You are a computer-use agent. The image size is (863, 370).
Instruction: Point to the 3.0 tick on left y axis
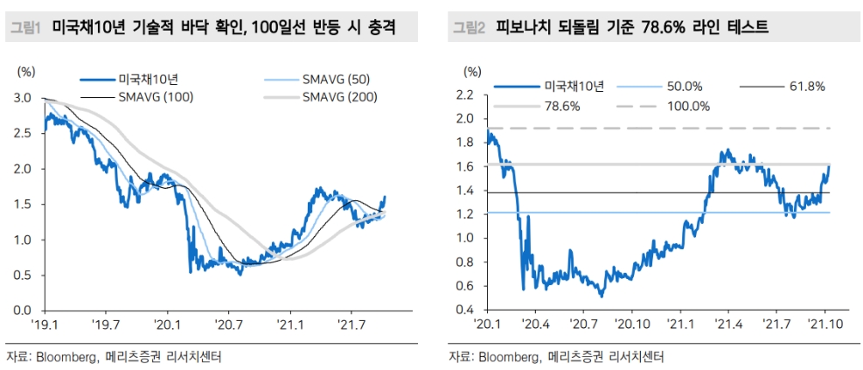click(x=23, y=98)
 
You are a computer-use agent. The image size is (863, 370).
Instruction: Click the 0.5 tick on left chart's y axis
click(x=23, y=275)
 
